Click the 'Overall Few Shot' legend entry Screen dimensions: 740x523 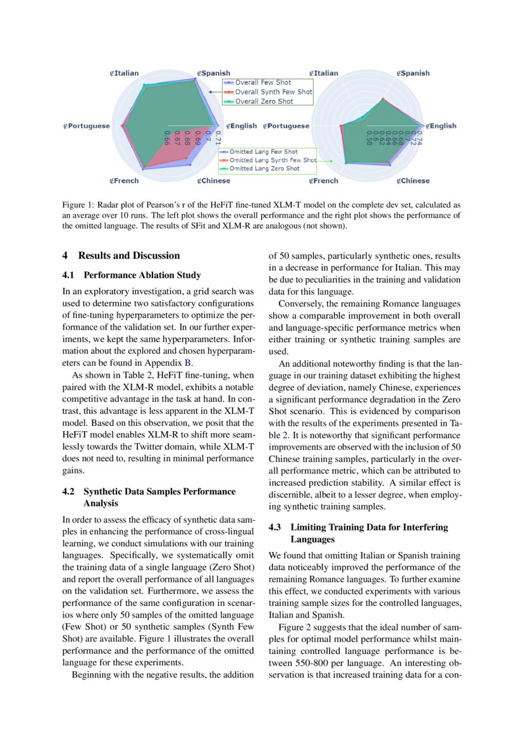coord(262,83)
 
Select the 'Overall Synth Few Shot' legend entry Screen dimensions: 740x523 coord(273,92)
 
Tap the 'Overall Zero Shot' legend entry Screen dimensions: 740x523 coord(264,101)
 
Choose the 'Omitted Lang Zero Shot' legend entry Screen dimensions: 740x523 coord(264,169)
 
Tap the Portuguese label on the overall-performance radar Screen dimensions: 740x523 coord(88,126)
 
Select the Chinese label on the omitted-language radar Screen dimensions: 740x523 coord(414,181)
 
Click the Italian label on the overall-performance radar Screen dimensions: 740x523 coord(126,73)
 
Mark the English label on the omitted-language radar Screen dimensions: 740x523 coord(442,126)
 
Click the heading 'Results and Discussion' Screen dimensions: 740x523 coord(129,256)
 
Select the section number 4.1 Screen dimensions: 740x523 coord(69,275)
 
